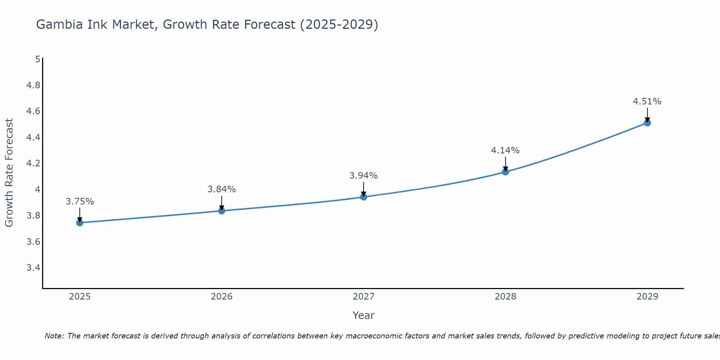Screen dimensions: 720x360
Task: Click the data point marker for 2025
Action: pyautogui.click(x=80, y=223)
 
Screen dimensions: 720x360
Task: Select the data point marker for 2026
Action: pyautogui.click(x=222, y=211)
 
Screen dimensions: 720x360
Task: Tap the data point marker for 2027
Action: pyautogui.click(x=364, y=197)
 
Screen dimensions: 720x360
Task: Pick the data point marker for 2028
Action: pyautogui.click(x=505, y=172)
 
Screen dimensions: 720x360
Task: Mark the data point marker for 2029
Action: pyautogui.click(x=647, y=123)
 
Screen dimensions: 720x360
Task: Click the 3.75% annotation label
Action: pyautogui.click(x=80, y=202)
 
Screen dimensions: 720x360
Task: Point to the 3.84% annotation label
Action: pyautogui.click(x=222, y=189)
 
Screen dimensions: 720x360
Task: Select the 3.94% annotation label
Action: pyautogui.click(x=364, y=176)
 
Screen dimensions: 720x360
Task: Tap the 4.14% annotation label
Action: pyautogui.click(x=505, y=150)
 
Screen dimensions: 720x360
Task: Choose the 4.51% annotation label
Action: pyautogui.click(x=647, y=102)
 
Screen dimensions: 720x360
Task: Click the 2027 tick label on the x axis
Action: pyautogui.click(x=364, y=297)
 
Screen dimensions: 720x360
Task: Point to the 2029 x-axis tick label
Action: pyautogui.click(x=647, y=297)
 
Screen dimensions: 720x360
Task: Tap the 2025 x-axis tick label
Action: pyautogui.click(x=80, y=297)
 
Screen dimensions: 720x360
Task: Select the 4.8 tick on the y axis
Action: pyautogui.click(x=33, y=85)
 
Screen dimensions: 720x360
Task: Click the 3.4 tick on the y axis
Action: pyautogui.click(x=33, y=268)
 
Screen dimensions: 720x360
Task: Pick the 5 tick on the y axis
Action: pyautogui.click(x=38, y=59)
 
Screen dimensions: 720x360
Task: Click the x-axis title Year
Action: pyautogui.click(x=364, y=315)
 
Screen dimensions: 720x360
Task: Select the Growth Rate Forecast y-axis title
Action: pyautogui.click(x=9, y=173)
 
